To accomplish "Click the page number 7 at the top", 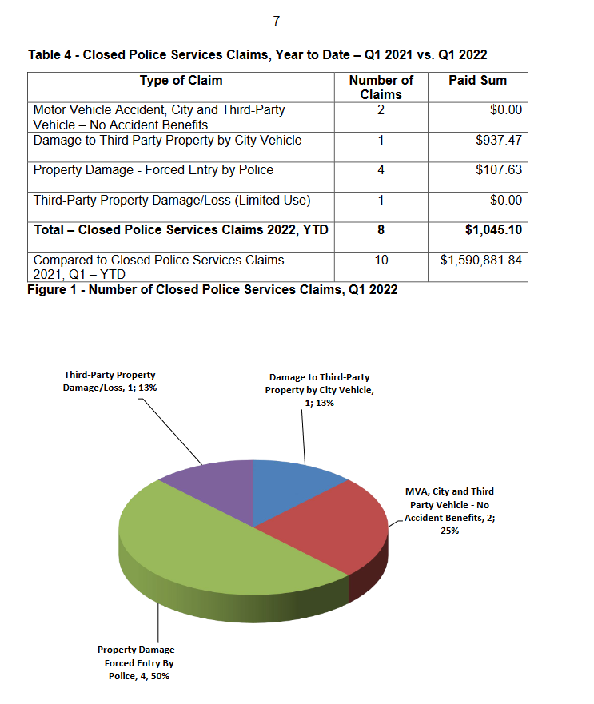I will pyautogui.click(x=276, y=22).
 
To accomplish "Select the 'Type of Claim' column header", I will pyautogui.click(x=181, y=80).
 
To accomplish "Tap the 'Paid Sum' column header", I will pyautogui.click(x=477, y=80).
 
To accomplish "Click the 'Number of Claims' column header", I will pyautogui.click(x=381, y=86).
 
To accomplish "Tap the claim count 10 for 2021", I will pyautogui.click(x=381, y=260).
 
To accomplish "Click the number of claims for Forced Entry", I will pyautogui.click(x=381, y=169).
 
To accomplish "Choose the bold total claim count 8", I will pyautogui.click(x=381, y=229).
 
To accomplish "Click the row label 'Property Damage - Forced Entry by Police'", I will pyautogui.click(x=153, y=169).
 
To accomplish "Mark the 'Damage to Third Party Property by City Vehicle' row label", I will pyautogui.click(x=167, y=140).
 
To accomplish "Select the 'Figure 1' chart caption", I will pyautogui.click(x=213, y=289).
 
